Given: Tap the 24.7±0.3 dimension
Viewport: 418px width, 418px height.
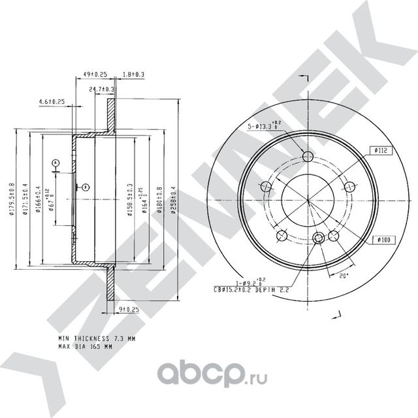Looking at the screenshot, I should tap(102, 89).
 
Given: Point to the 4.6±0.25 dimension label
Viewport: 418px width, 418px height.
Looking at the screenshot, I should tap(52, 101).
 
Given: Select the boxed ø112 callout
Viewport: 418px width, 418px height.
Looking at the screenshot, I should tap(383, 151).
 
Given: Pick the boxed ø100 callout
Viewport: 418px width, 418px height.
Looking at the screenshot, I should tap(383, 240).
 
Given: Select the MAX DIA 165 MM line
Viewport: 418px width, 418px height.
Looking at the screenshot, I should tap(85, 347).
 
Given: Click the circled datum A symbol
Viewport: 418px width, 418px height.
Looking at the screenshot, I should tap(56, 162).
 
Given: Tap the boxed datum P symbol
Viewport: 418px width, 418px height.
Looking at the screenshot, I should tap(85, 187).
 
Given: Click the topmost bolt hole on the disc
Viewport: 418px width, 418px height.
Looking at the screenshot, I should tap(309, 156).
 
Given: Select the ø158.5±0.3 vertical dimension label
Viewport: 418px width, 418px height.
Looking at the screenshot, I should tap(129, 199).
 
